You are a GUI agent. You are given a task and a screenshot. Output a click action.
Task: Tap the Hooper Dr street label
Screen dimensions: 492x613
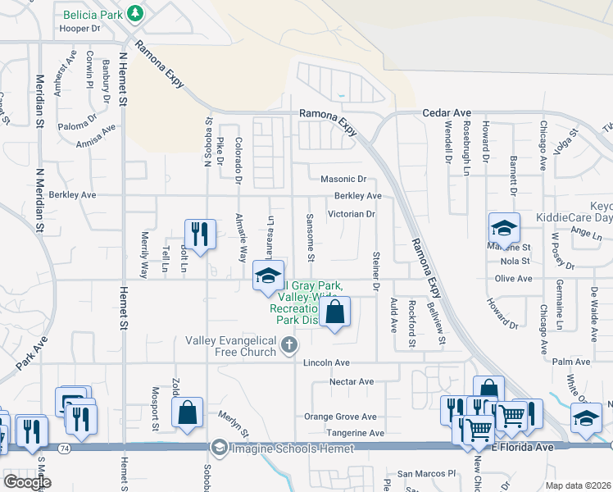point(79,28)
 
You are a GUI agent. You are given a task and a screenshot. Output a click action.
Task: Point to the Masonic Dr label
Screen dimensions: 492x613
point(343,179)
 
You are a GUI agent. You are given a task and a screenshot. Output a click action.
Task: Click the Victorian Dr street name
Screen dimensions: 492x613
point(351,214)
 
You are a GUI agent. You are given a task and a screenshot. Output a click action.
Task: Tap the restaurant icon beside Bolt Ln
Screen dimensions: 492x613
point(200,234)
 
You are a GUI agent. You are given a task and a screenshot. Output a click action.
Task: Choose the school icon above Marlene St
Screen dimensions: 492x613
point(504,228)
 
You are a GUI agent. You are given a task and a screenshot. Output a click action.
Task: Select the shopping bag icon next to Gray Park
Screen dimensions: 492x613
point(334,312)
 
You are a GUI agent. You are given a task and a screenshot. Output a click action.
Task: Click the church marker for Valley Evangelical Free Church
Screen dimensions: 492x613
point(288,345)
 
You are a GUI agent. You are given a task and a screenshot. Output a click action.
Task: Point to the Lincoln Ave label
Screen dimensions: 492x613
point(326,362)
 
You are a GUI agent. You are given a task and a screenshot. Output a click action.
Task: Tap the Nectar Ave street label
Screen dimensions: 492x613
point(351,381)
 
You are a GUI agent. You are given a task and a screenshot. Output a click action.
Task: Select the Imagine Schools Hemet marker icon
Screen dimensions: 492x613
point(218,448)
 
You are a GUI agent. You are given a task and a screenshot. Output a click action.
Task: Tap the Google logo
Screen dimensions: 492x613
point(27,482)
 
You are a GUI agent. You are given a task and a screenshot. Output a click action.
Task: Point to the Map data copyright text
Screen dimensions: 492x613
point(578,485)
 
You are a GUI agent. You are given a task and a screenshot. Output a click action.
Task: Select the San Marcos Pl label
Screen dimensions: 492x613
point(425,474)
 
